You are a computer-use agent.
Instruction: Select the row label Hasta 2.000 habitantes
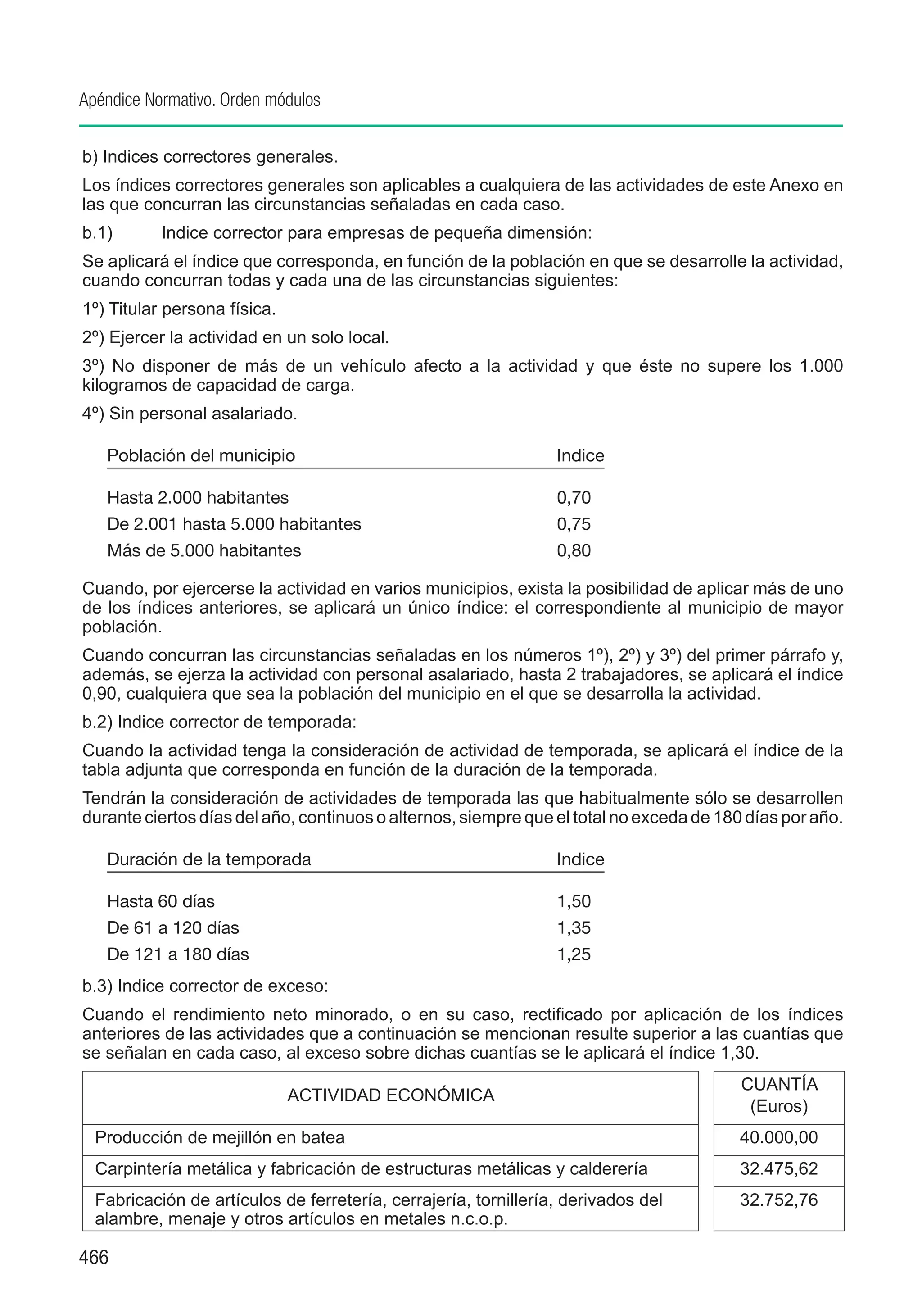tap(198, 498)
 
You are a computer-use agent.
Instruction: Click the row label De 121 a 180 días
tap(178, 954)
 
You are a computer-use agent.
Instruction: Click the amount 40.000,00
tap(778, 1137)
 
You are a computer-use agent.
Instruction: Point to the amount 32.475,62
tap(778, 1169)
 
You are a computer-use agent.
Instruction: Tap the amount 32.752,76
tap(778, 1200)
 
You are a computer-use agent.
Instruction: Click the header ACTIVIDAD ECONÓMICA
tap(390, 1095)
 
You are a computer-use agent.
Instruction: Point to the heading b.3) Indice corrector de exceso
tap(205, 986)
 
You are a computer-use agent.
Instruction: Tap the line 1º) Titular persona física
tap(179, 309)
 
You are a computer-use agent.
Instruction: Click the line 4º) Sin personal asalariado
tap(190, 414)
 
